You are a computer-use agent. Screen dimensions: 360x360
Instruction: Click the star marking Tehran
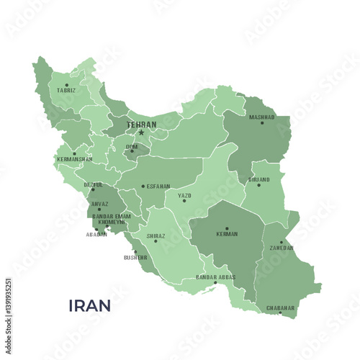[141, 132]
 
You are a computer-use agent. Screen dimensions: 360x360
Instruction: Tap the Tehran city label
[141, 125]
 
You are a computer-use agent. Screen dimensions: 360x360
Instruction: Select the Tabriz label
[66, 91]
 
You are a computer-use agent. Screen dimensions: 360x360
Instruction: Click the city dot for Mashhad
[262, 122]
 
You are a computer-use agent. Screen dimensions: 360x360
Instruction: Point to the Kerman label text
[227, 235]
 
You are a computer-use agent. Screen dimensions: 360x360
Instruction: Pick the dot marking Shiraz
[156, 241]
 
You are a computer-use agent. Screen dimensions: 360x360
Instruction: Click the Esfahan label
[158, 186]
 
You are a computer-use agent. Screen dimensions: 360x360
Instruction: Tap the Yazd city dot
[184, 201]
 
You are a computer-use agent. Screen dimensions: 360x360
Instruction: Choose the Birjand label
[258, 179]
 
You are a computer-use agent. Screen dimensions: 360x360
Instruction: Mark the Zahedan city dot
[281, 242]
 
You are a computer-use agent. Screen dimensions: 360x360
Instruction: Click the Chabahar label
[281, 307]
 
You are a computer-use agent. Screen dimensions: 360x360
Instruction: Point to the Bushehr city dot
[135, 251]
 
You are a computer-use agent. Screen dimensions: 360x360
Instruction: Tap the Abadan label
[96, 235]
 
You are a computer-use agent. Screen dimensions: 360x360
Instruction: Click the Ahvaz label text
[100, 204]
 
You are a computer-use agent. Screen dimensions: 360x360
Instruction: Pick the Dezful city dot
[93, 190]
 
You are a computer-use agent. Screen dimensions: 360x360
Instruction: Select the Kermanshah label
[75, 158]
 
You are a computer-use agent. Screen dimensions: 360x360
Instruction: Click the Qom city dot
[132, 151]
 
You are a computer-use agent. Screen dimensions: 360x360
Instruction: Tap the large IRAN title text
[89, 305]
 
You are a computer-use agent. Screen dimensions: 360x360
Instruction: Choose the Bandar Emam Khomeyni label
[112, 219]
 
